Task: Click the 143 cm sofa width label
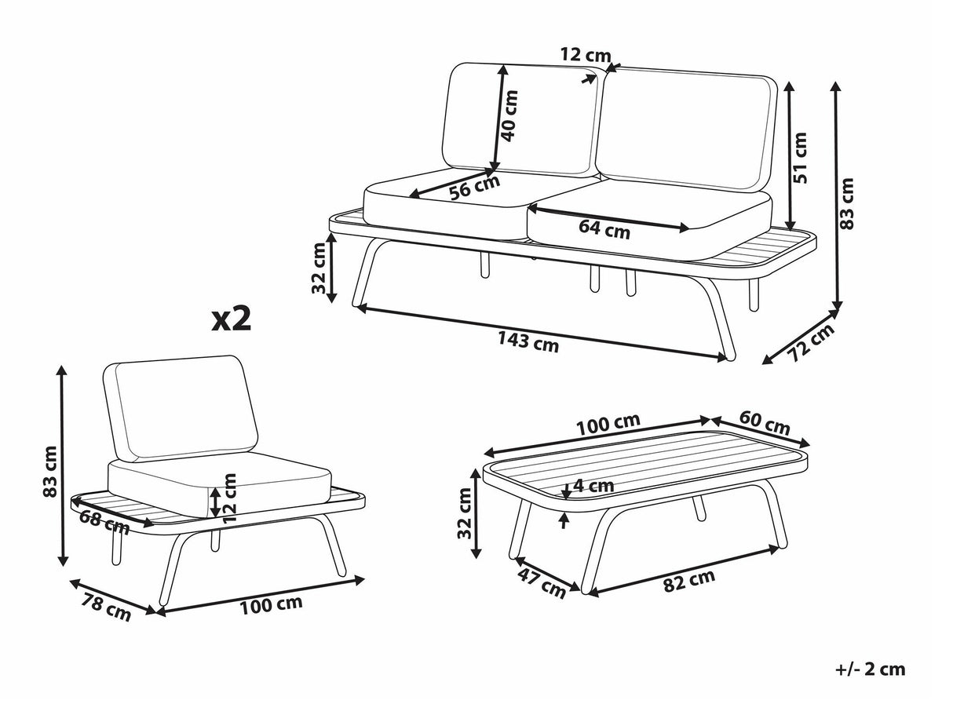pyautogui.click(x=528, y=341)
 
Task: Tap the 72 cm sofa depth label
pyautogui.click(x=811, y=343)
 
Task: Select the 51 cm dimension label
pyautogui.click(x=800, y=158)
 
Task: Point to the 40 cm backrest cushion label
pyautogui.click(x=509, y=116)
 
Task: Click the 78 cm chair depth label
pyautogui.click(x=107, y=607)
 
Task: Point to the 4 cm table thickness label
pyautogui.click(x=593, y=486)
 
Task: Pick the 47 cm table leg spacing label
pyautogui.click(x=542, y=584)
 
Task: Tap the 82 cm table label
pyautogui.click(x=689, y=581)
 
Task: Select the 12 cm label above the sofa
pyautogui.click(x=586, y=55)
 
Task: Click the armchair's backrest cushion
pyautogui.click(x=181, y=408)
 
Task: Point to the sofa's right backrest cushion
pyautogui.click(x=687, y=129)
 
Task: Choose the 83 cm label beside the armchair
pyautogui.click(x=50, y=472)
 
